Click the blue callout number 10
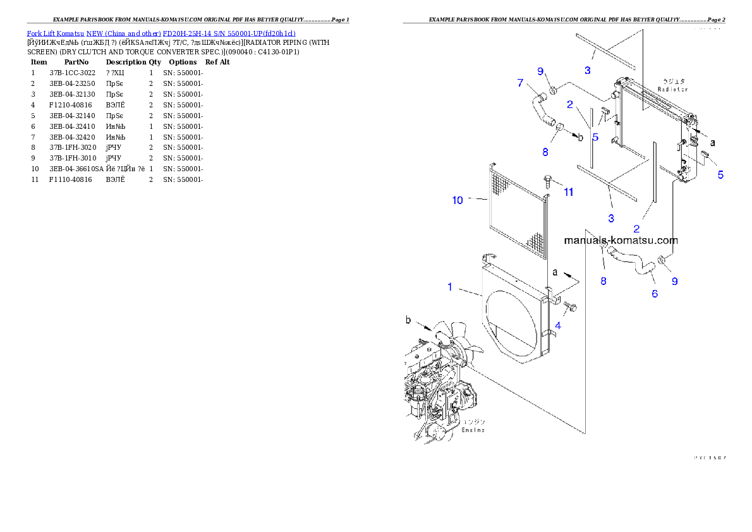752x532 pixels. coord(458,200)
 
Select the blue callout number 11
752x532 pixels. coord(569,192)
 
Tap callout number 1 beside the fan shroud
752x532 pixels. coord(450,287)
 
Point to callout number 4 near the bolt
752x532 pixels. coord(558,326)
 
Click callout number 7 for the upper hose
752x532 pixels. coord(520,82)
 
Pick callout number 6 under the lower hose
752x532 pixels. coord(655,293)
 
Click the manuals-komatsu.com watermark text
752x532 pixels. coord(621,241)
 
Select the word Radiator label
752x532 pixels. coord(672,90)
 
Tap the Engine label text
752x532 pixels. coord(473,430)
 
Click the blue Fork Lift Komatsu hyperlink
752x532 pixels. coord(161,33)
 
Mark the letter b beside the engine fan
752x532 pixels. coord(408,322)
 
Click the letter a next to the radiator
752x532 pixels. coord(713,143)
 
